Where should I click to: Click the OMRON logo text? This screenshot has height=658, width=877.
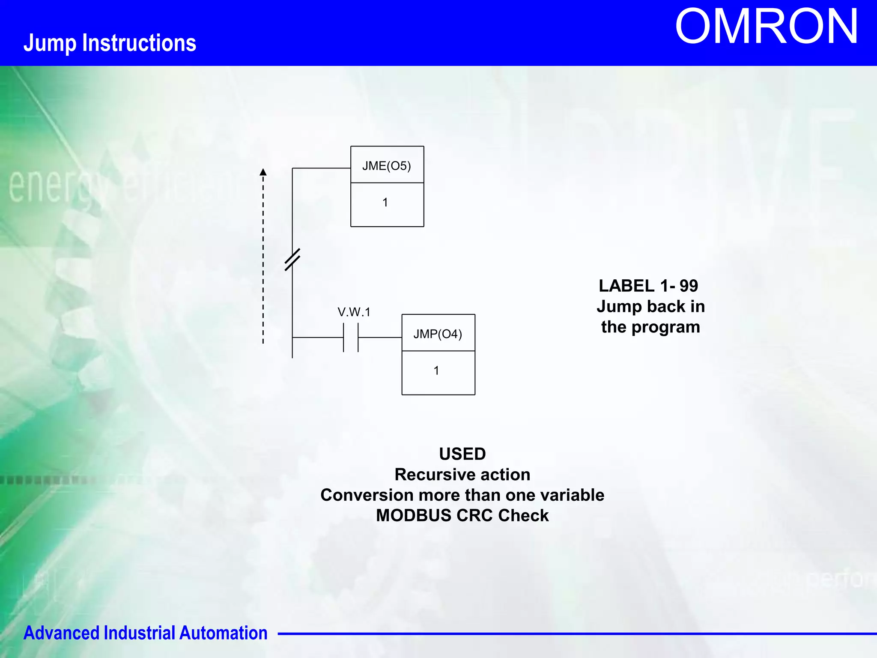pyautogui.click(x=766, y=27)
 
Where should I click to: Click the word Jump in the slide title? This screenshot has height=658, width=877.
pyautogui.click(x=50, y=43)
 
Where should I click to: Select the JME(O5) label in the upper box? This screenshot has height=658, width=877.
pyautogui.click(x=386, y=166)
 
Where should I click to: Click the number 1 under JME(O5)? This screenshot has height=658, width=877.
pyautogui.click(x=385, y=202)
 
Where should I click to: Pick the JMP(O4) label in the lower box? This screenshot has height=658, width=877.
pyautogui.click(x=437, y=334)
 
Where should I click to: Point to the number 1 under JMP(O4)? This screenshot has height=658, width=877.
pyautogui.click(x=436, y=371)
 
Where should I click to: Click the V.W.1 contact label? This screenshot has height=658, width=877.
pyautogui.click(x=354, y=312)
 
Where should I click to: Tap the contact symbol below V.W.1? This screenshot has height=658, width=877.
pyautogui.click(x=351, y=338)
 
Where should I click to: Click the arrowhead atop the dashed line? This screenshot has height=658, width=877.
pyautogui.click(x=263, y=172)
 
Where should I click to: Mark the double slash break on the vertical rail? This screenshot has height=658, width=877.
pyautogui.click(x=292, y=260)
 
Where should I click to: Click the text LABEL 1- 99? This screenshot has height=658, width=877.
pyautogui.click(x=648, y=286)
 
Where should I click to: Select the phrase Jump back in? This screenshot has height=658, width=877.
pyautogui.click(x=650, y=306)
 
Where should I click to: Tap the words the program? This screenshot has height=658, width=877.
pyautogui.click(x=650, y=327)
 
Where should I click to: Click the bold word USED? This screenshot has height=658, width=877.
pyautogui.click(x=462, y=454)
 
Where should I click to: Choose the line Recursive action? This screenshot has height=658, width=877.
pyautogui.click(x=462, y=474)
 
